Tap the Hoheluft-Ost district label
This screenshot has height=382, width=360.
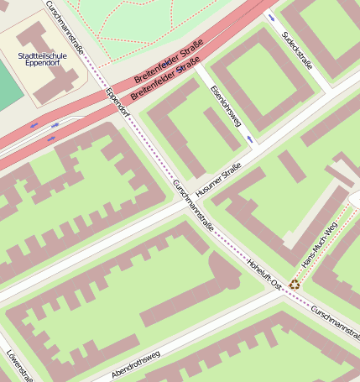coord(263,274)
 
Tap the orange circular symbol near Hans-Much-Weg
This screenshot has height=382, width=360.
coord(295,285)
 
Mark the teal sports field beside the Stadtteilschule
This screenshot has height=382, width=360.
coord(8,84)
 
